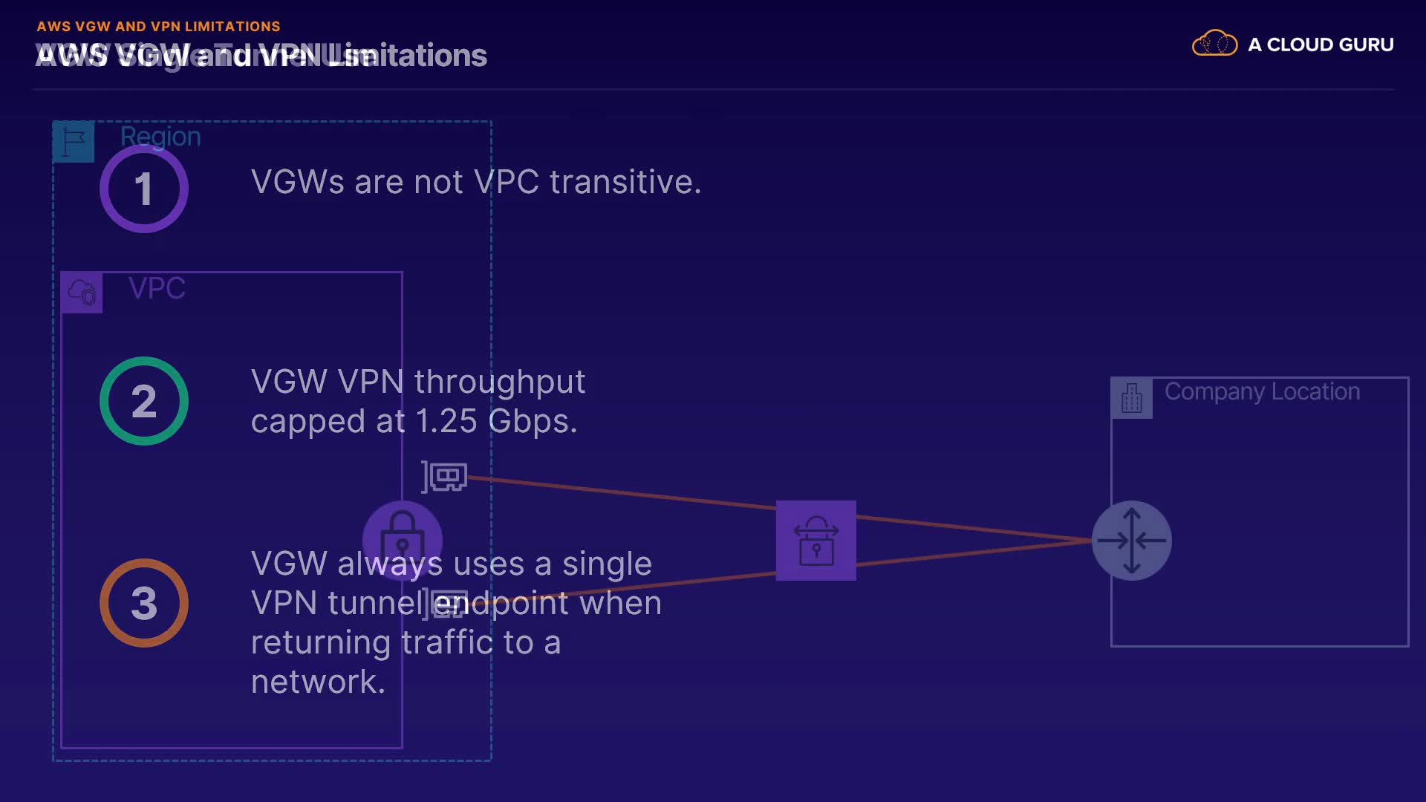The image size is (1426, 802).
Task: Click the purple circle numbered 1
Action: [x=144, y=189]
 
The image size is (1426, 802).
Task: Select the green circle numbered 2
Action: [x=144, y=401]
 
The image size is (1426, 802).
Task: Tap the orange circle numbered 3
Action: [x=144, y=603]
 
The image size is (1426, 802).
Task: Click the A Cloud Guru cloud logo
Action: [x=1214, y=44]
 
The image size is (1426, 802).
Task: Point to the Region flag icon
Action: [x=74, y=141]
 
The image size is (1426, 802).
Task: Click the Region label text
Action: [x=160, y=137]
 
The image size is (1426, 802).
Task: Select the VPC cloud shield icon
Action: [x=82, y=292]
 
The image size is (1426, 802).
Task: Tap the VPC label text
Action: [x=157, y=288]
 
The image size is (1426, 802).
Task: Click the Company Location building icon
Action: [x=1131, y=398]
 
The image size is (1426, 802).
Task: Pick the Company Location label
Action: [x=1262, y=391]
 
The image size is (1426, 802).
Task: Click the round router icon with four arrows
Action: [x=1131, y=541]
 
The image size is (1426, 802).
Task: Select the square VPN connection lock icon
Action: [x=815, y=541]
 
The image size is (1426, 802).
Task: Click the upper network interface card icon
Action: [x=445, y=477]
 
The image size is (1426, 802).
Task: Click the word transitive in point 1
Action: [x=625, y=182]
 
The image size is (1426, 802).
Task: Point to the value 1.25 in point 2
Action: [x=446, y=422]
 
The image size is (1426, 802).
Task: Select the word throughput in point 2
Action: [x=500, y=382]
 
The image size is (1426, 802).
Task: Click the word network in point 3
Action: [x=318, y=682]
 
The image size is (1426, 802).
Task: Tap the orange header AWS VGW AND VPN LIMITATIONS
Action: [x=158, y=27]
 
